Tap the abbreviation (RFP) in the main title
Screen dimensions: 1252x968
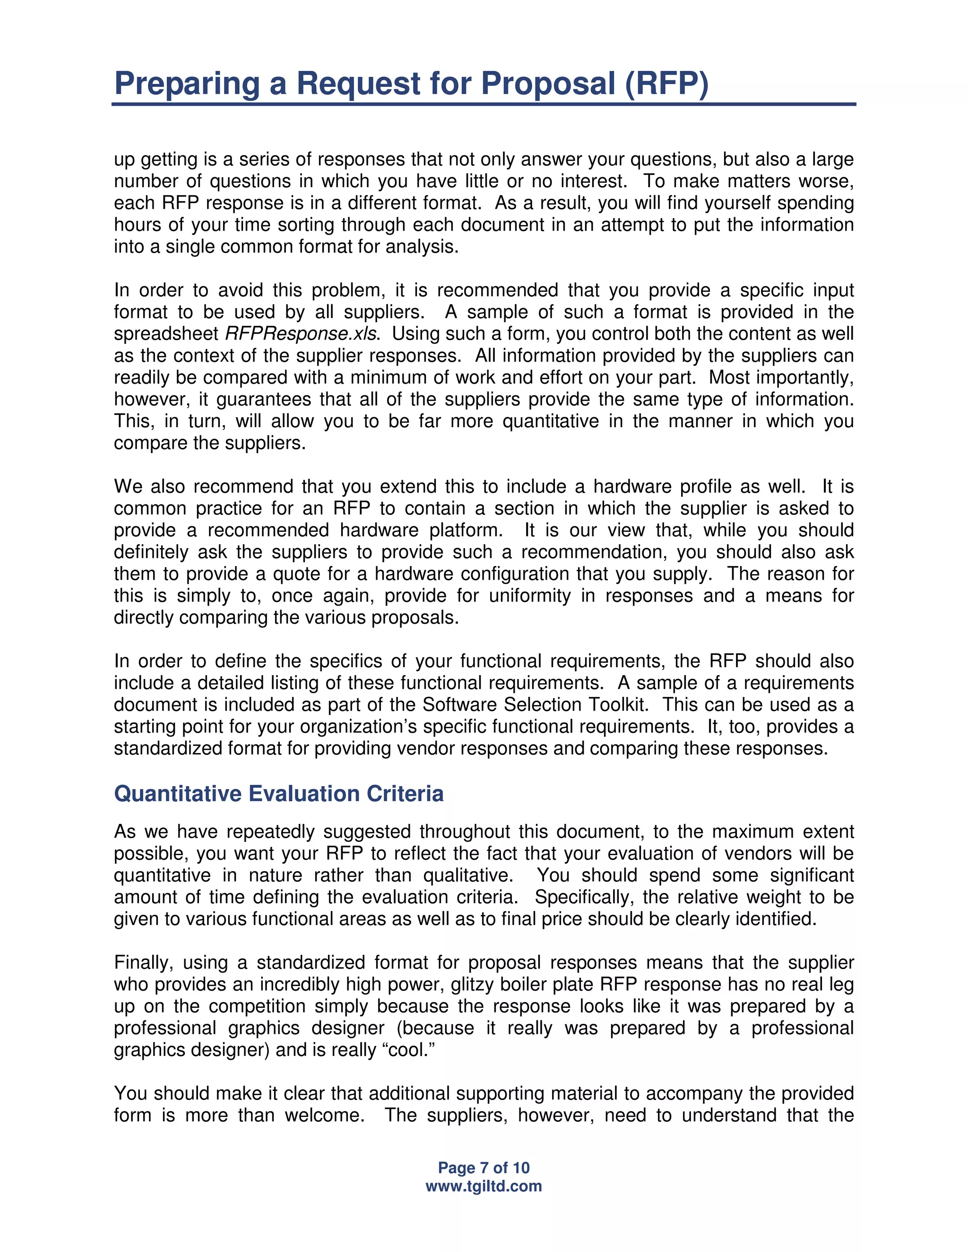point(666,83)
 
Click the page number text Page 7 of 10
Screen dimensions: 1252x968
point(484,1168)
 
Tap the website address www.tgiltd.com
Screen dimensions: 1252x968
point(484,1186)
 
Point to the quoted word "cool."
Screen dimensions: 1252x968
point(408,1050)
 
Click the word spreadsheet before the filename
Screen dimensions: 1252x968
point(166,334)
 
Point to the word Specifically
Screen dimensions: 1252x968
point(583,897)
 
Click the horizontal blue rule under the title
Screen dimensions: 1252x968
point(484,104)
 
